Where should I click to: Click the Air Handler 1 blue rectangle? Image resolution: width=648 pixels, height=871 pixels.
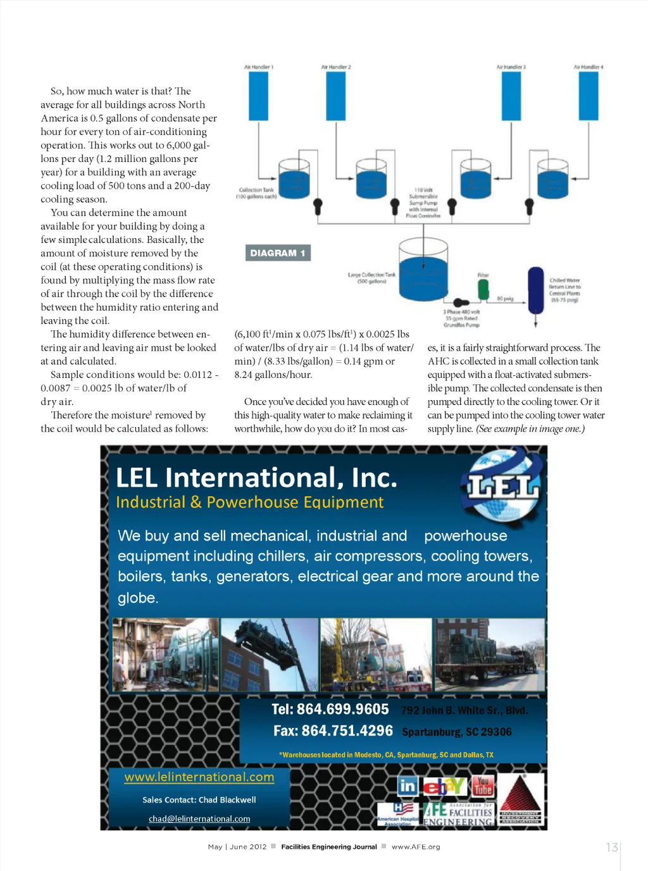(x=258, y=96)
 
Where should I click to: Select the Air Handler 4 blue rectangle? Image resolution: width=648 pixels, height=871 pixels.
(x=589, y=96)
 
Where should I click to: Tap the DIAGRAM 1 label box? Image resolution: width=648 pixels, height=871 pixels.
(x=278, y=253)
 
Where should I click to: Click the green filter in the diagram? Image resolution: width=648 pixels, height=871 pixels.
(x=483, y=289)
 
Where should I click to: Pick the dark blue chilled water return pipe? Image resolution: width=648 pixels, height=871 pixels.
(x=536, y=291)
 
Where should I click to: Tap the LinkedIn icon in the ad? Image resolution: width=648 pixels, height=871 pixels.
(x=408, y=786)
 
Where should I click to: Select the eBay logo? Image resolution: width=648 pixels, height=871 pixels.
(x=444, y=786)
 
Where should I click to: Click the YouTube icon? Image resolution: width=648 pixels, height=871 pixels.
(x=483, y=786)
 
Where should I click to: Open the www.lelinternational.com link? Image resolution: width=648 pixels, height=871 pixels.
(x=199, y=777)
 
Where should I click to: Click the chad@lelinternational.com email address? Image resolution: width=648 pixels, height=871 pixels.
(x=199, y=819)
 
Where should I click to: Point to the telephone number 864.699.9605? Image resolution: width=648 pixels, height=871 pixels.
(x=330, y=710)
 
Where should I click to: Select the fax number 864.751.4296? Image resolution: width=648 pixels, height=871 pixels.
(x=333, y=731)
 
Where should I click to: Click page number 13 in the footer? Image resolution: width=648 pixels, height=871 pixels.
(x=611, y=847)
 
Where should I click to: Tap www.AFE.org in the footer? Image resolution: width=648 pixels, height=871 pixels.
(x=416, y=847)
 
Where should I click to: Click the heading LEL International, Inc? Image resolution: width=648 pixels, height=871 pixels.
(x=256, y=478)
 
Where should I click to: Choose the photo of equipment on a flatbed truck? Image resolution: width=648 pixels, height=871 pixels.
(x=489, y=655)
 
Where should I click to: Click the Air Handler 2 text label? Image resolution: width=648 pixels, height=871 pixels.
(x=335, y=67)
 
